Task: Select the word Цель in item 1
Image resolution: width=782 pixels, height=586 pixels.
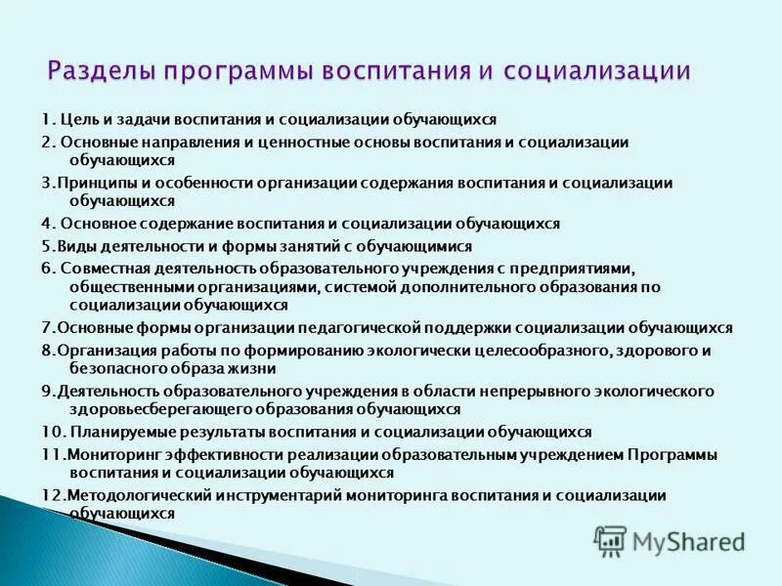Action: (80, 119)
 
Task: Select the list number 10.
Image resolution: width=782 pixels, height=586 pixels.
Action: (51, 432)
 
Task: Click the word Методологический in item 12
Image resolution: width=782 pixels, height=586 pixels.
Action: (126, 495)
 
